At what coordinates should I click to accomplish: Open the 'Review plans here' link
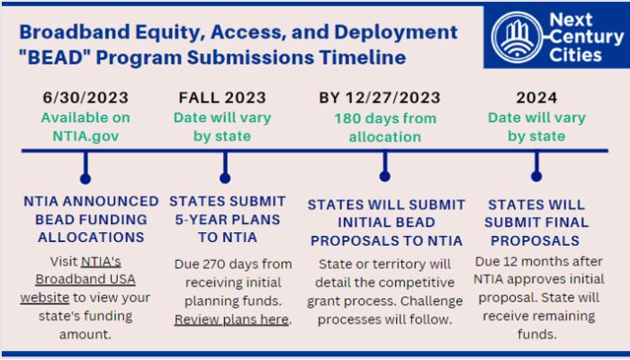232,319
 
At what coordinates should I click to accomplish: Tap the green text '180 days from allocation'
384,127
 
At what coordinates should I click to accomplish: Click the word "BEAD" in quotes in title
56,58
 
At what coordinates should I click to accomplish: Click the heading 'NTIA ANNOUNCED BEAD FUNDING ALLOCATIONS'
85,219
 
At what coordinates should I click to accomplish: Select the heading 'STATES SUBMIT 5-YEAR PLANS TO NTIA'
228,219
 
